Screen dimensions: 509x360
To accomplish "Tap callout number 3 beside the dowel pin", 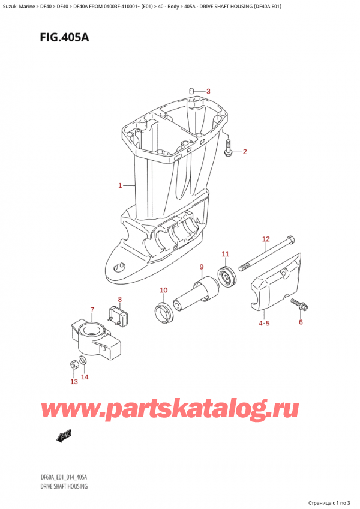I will (208, 91).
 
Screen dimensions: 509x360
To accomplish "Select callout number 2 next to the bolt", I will (244, 152).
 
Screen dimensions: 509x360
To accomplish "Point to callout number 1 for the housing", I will (120, 185).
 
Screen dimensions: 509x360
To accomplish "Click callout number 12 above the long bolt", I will (266, 240).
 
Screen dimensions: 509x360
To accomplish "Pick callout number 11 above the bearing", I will (226, 254).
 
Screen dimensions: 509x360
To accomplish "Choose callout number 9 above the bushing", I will (202, 267).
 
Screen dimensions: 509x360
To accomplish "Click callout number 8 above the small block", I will (120, 299).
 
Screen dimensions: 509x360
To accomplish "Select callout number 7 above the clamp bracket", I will (92, 310).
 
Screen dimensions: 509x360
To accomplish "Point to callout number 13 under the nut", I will (74, 382).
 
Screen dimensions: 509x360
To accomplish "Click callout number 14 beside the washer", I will (85, 377).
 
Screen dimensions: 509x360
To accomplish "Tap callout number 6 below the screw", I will (301, 322).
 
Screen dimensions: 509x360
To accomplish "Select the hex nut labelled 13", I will (71, 363).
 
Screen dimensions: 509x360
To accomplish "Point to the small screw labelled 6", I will (298, 305).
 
